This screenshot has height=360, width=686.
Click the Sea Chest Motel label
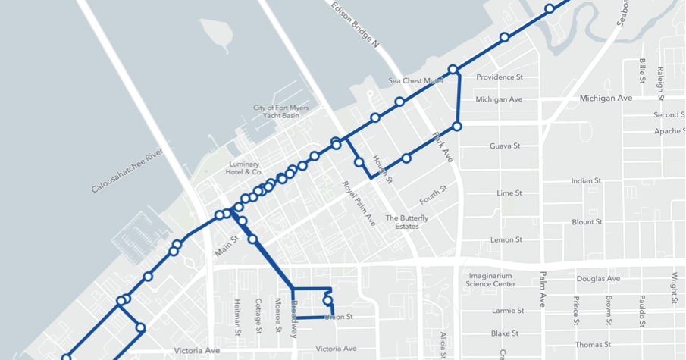415,80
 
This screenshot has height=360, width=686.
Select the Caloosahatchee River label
127,171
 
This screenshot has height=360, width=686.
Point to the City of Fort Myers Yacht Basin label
281,111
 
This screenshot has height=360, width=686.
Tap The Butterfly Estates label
406,222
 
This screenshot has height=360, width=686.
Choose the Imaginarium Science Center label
492,280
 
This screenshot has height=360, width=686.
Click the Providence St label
499,77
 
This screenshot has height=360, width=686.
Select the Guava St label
504,146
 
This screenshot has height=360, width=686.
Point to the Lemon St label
506,240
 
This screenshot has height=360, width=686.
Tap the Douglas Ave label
598,279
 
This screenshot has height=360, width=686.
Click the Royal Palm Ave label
359,203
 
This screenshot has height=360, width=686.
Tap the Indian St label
586,181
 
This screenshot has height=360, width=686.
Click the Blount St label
587,222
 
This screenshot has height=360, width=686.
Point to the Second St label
669,115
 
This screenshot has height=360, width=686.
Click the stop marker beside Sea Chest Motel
453,70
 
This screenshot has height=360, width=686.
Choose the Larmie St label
507,311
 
